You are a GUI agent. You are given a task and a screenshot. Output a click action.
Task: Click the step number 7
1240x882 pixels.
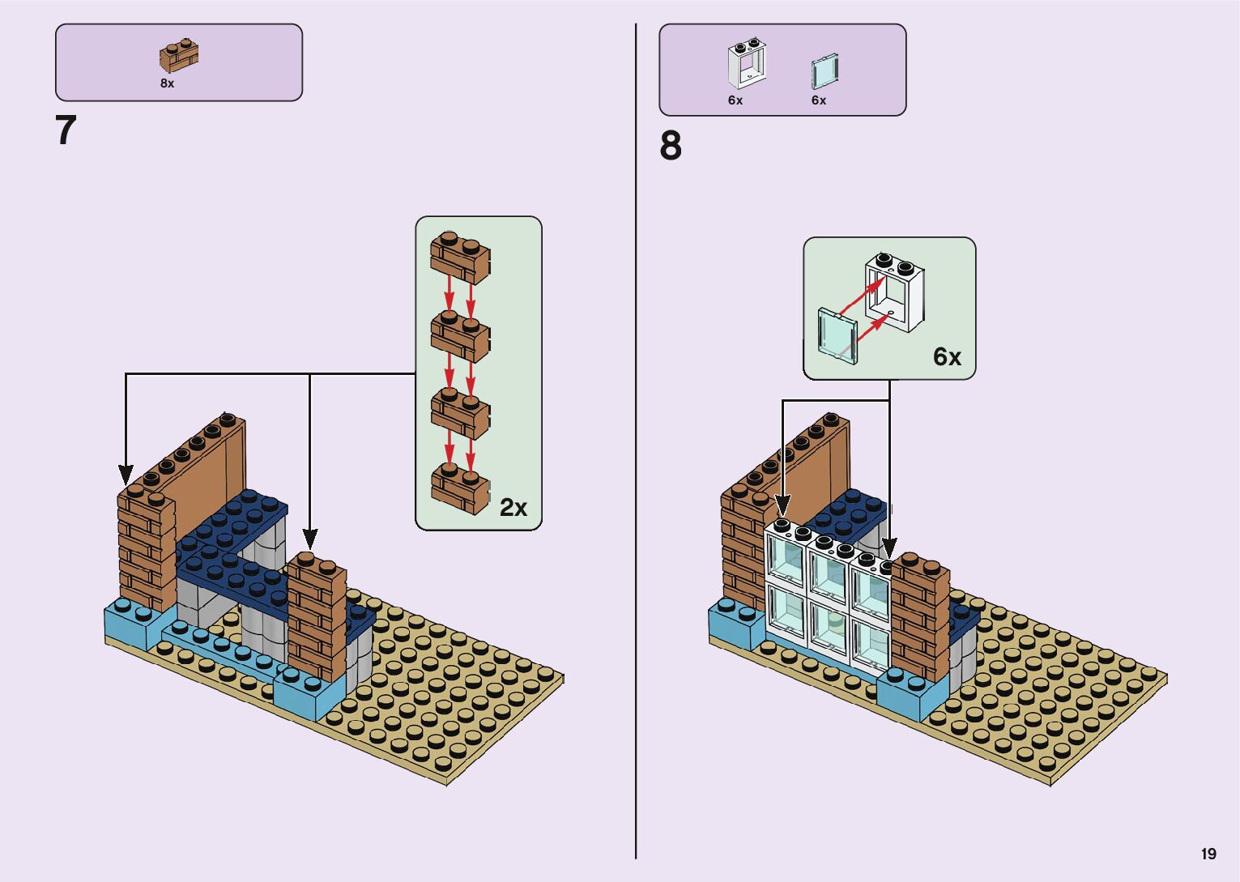point(66,130)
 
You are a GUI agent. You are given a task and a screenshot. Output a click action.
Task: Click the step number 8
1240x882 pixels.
point(671,147)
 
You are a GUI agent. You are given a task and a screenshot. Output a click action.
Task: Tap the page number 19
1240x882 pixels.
point(1208,854)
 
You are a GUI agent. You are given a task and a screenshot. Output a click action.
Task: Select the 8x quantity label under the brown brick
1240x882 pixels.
point(167,83)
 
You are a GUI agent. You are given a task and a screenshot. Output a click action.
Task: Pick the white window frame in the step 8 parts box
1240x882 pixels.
point(746,63)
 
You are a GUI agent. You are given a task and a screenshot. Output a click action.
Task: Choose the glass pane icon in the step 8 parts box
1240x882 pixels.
point(824,72)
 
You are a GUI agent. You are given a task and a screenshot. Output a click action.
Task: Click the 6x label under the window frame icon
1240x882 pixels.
point(735,100)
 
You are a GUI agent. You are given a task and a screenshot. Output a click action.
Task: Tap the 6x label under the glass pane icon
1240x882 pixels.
point(819,100)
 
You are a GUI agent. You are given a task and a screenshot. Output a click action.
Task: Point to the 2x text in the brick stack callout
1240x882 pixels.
point(513,508)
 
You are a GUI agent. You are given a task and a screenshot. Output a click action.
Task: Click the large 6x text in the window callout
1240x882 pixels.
point(947,357)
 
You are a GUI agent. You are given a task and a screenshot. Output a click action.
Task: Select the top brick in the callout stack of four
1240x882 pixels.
point(460,258)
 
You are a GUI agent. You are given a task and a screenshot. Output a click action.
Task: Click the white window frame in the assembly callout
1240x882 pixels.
point(894,293)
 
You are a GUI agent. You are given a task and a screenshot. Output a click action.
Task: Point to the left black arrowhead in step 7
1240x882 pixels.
point(126,474)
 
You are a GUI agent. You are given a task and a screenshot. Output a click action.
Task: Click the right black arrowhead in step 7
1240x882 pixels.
point(309,538)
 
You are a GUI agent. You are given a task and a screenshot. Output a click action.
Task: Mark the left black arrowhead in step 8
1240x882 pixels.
point(782,505)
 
